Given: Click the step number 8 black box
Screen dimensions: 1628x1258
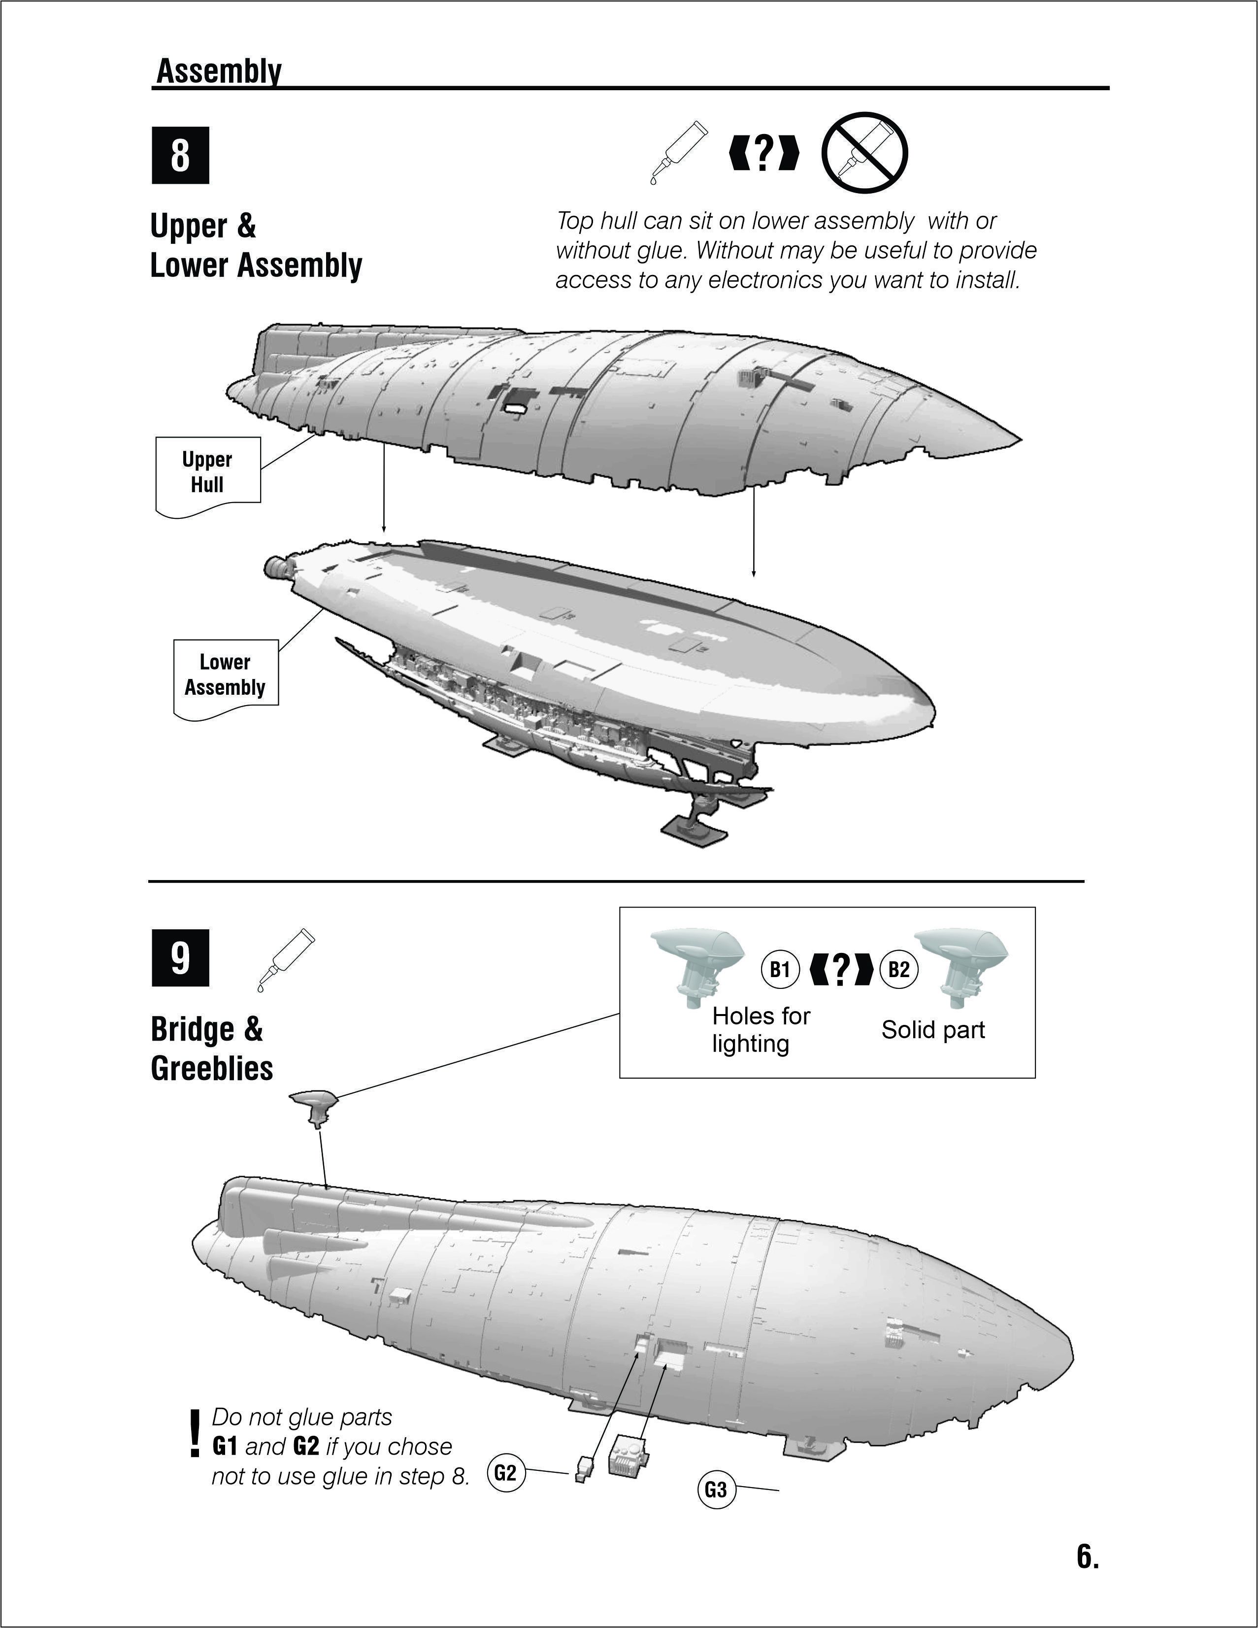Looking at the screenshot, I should [x=180, y=155].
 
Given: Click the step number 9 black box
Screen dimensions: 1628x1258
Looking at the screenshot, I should [x=180, y=958].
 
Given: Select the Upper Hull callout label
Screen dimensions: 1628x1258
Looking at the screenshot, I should [x=207, y=473].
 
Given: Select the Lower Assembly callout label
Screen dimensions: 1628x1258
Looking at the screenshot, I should [x=225, y=675].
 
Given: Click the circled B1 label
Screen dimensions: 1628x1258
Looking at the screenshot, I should [x=780, y=970].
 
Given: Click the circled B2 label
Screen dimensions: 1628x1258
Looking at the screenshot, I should [x=899, y=970].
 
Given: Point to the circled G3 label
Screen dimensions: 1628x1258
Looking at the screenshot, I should [x=716, y=1490].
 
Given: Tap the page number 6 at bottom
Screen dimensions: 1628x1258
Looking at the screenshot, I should [x=1088, y=1557].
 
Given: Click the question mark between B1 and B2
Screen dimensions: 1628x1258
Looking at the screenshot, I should [x=840, y=969].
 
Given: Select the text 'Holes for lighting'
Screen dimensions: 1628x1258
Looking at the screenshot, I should [x=760, y=1029].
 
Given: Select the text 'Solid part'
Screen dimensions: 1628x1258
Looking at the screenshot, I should [x=933, y=1030].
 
